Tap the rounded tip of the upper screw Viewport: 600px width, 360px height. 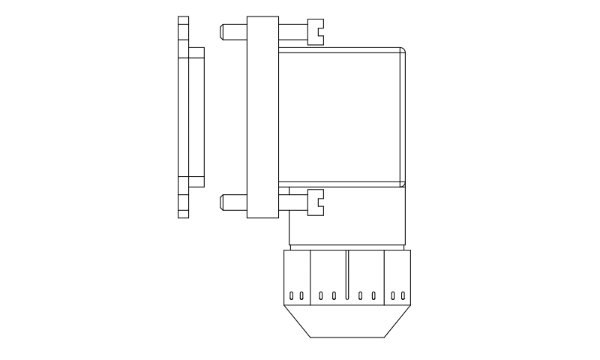click(x=223, y=31)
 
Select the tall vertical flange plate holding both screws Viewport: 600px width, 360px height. click(x=262, y=116)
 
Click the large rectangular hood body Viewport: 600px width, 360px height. click(x=341, y=116)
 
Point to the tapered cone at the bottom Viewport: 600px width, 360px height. click(x=346, y=322)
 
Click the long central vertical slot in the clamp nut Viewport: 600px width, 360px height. click(x=346, y=276)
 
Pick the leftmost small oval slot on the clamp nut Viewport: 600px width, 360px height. click(x=292, y=295)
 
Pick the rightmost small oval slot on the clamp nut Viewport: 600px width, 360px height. click(x=403, y=295)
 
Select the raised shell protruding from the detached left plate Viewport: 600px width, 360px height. click(x=196, y=116)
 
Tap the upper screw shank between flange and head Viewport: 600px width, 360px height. click(x=292, y=31)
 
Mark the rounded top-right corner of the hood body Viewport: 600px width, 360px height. click(x=403, y=51)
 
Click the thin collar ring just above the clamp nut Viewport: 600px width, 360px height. click(x=346, y=247)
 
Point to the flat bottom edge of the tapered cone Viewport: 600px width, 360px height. click(x=346, y=337)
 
